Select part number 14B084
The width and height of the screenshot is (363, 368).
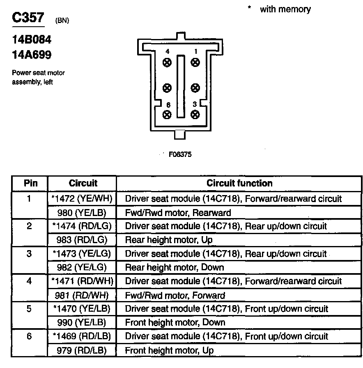coord(31,41)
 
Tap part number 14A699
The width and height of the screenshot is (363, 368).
coord(31,55)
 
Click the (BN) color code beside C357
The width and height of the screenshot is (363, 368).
coord(62,21)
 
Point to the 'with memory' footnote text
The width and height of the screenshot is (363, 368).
coord(285,9)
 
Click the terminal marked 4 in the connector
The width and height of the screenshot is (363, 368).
coord(167,62)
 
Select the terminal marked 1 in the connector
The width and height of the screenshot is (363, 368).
coord(195,62)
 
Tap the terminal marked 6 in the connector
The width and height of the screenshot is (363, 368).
coord(167,115)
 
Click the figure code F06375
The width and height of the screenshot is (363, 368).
coord(180,155)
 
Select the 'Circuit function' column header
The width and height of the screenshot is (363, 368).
coord(239,183)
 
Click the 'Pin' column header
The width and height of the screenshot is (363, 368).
coord(30,183)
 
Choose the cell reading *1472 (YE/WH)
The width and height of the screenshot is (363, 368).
coord(82,199)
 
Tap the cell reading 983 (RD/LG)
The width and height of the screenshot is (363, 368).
coord(82,240)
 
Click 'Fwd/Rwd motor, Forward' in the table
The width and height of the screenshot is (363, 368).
coord(175,295)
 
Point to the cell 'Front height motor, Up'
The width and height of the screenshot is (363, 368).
coord(169,351)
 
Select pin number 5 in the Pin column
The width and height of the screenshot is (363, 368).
coord(29,309)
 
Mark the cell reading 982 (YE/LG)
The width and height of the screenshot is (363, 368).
coord(82,267)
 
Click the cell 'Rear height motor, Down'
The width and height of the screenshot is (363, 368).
coord(175,267)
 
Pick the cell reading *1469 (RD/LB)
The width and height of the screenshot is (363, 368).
coord(82,336)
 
